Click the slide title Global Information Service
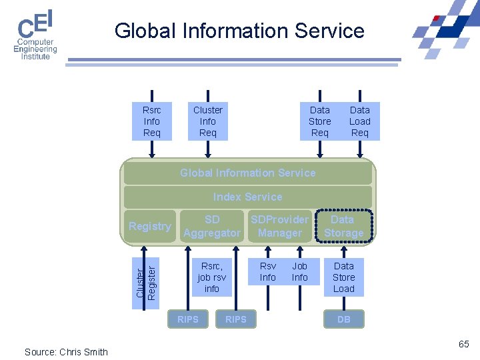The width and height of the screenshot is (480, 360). coord(239,31)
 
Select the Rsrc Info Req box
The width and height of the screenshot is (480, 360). coord(152,121)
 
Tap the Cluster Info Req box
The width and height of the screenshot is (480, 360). coord(208,121)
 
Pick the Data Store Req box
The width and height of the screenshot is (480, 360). coord(320,121)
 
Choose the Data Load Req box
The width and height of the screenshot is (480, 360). coord(360,121)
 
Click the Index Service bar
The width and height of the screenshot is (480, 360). coord(247,197)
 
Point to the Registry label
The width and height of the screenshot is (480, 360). coord(150,226)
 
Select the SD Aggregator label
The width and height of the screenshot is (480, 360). coord(212,226)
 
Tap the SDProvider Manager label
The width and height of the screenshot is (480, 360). coord(280,226)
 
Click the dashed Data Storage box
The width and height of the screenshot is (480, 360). coord(343,226)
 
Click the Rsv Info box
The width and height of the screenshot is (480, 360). coord(268,271)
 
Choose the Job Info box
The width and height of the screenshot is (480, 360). coord(300,271)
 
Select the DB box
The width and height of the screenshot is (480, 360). coord(344,319)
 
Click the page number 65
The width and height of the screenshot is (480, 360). coord(464,344)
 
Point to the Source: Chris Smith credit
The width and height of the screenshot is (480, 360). coord(66,352)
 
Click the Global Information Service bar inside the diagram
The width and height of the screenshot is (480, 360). coord(247,173)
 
